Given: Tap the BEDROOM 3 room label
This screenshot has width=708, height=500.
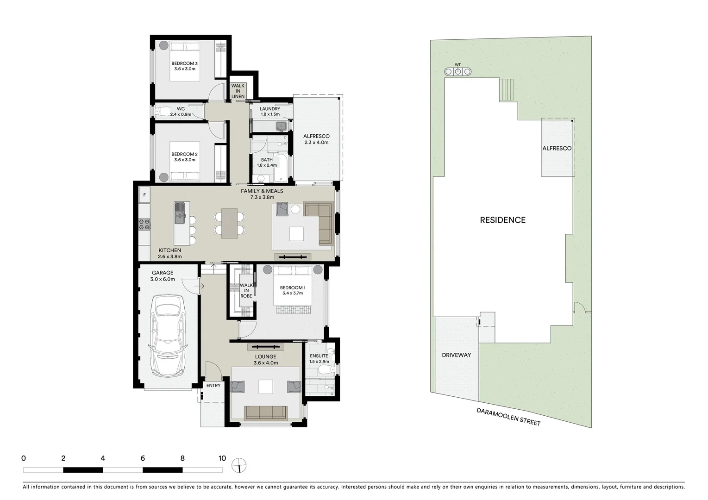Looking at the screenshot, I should [x=184, y=63].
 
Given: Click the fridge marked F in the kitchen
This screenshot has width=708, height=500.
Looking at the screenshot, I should [x=144, y=195].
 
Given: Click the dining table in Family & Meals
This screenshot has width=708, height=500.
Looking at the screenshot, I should [x=229, y=223].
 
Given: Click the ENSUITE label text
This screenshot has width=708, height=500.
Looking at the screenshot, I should [x=319, y=356].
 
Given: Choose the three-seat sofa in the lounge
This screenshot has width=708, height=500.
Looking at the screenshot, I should [x=265, y=412].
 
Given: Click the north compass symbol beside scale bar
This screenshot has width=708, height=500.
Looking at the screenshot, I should [x=239, y=465].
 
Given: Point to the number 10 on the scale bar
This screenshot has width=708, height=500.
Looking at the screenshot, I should [x=222, y=458].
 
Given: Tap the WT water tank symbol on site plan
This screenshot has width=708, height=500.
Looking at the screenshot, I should [x=457, y=71].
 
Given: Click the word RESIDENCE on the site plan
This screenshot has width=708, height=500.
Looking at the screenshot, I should [x=502, y=220].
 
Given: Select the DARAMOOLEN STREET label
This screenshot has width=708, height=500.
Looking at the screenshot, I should [x=508, y=417].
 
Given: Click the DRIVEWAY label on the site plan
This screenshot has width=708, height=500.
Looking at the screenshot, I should [x=456, y=355].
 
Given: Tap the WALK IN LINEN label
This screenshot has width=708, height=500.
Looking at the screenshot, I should [x=238, y=91].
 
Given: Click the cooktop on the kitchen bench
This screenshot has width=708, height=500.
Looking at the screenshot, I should [x=144, y=224].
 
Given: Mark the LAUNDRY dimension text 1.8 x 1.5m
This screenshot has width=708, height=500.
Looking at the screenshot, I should [x=270, y=114].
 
